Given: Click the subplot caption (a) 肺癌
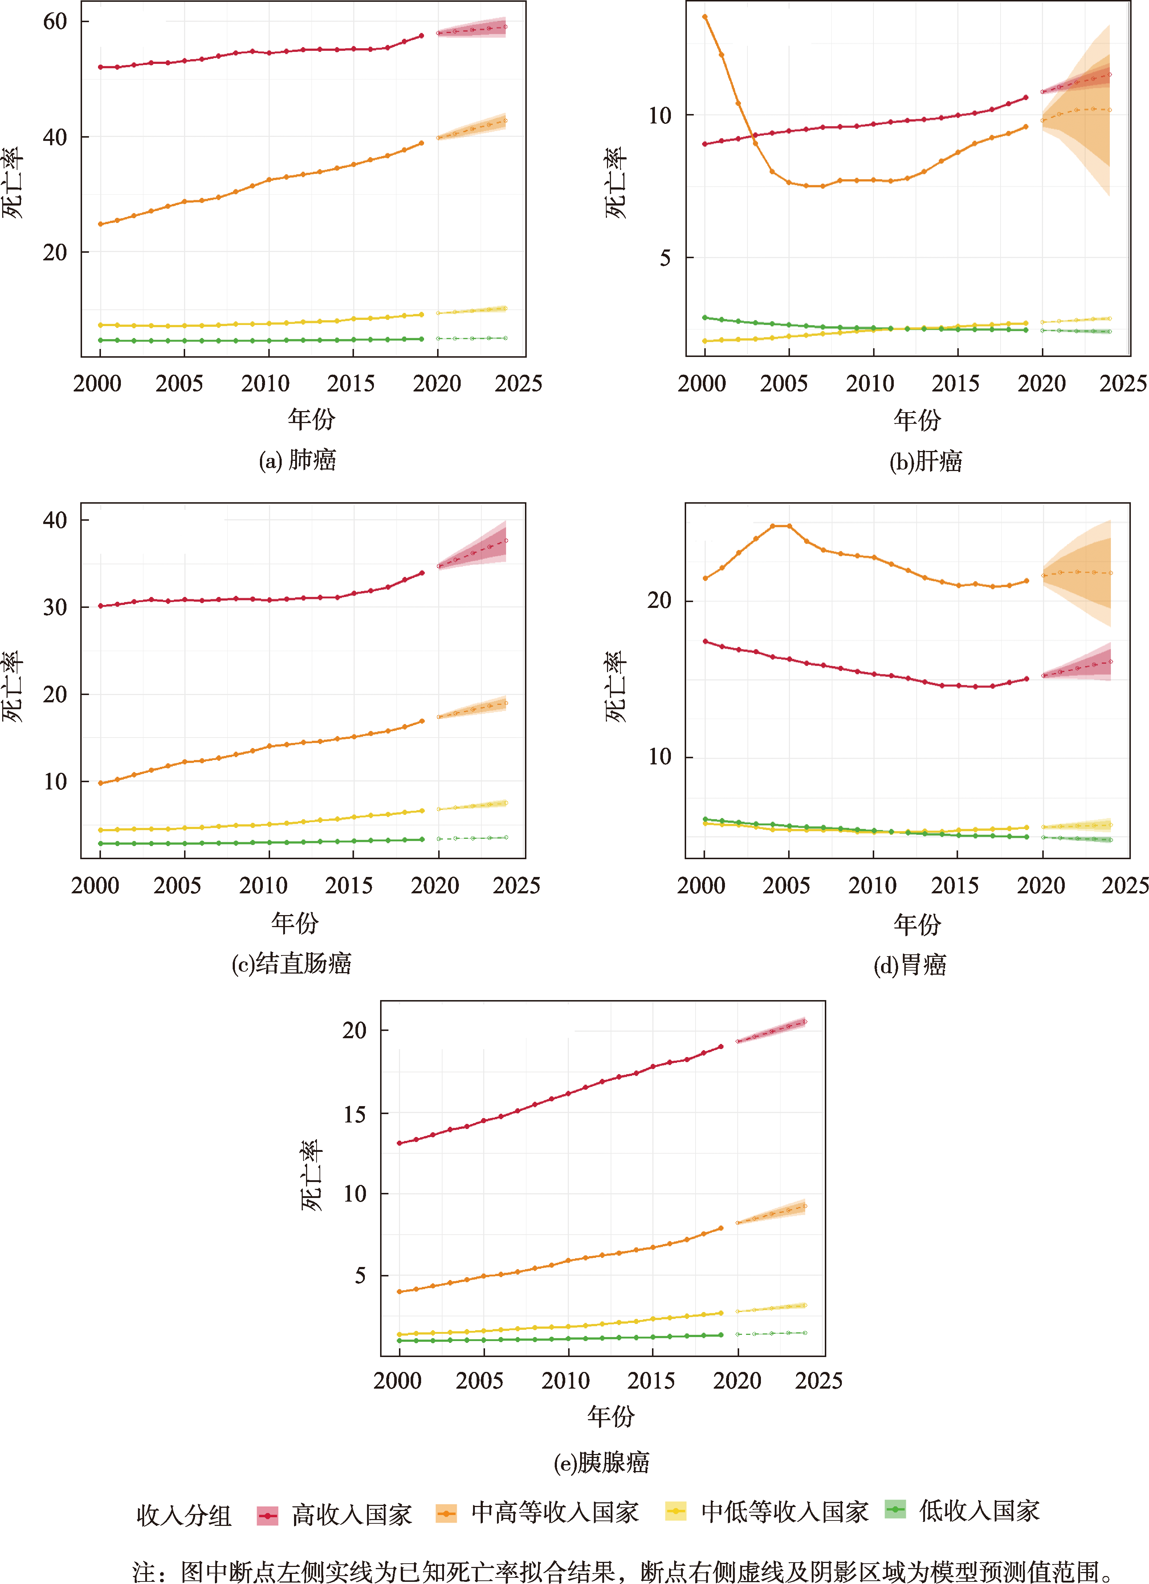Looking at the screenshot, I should point(297,460).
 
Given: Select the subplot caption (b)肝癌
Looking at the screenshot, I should point(926,462).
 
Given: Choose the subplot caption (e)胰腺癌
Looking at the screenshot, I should point(601,1462).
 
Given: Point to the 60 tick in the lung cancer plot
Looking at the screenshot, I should point(55,22).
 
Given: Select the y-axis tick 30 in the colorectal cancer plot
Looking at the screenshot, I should point(55,607).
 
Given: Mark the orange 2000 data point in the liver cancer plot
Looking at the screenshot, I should point(705,17).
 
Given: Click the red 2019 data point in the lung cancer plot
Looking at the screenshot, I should point(421,36).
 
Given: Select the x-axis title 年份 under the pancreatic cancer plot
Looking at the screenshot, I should point(611,1416).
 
